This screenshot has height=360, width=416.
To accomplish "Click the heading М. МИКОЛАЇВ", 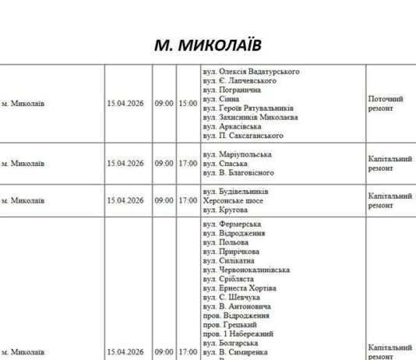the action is point(208,44).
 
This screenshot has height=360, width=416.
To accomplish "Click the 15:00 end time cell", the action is point(188,103).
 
